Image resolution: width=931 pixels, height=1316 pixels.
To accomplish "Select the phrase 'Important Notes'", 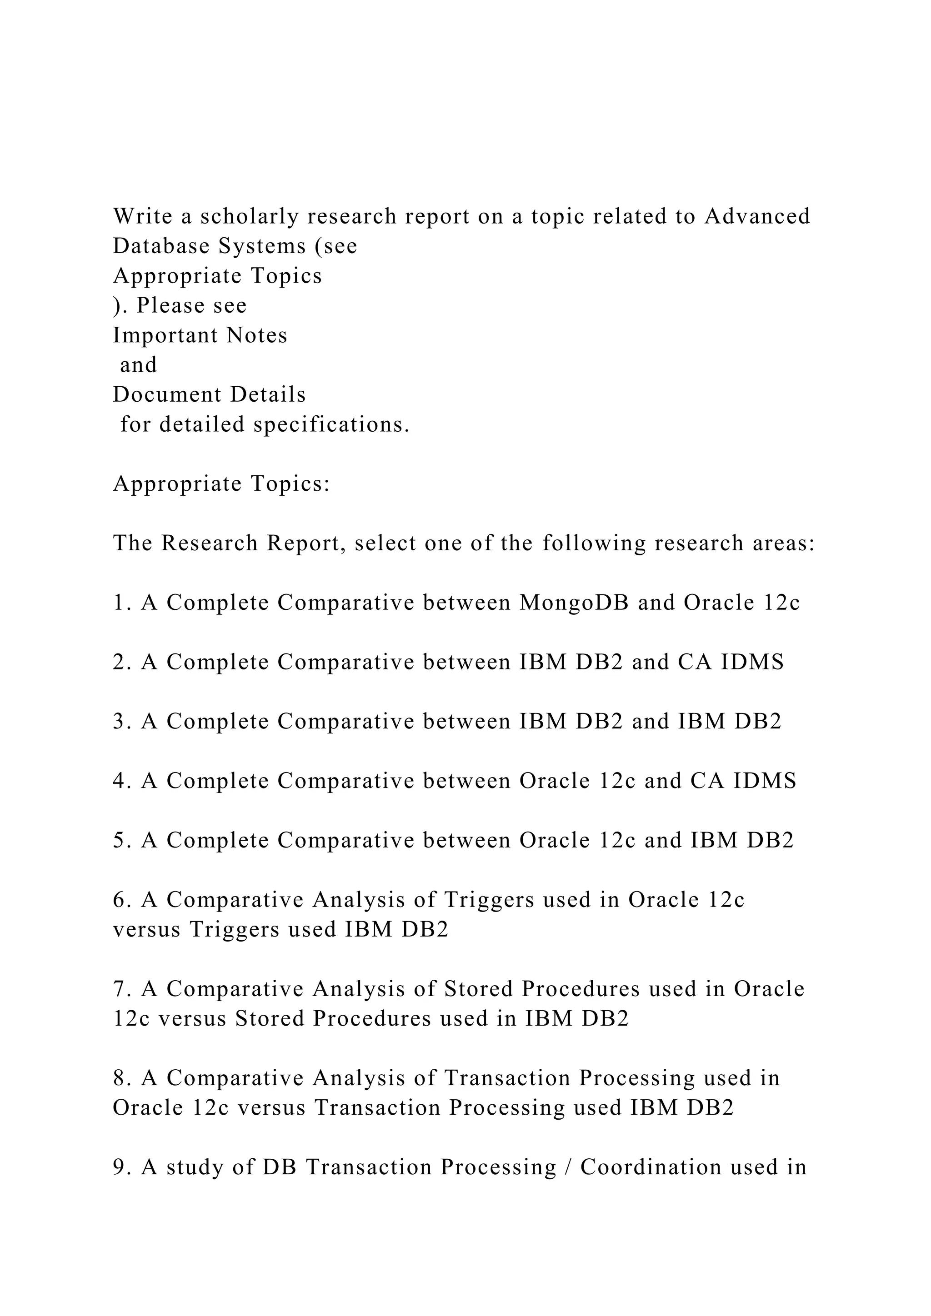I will [x=200, y=335].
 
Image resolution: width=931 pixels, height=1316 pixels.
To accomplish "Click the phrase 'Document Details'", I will [x=209, y=395].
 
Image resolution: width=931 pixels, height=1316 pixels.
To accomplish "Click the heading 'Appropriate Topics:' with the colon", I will [x=221, y=484].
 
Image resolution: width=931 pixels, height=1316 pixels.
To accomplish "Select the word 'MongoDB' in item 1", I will [x=575, y=603].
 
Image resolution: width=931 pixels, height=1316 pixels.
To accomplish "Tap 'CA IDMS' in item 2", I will [x=731, y=663].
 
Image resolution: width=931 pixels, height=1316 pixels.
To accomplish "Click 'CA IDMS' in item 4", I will [x=744, y=781].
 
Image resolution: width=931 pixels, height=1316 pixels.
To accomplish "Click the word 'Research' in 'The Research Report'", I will [x=209, y=543].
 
